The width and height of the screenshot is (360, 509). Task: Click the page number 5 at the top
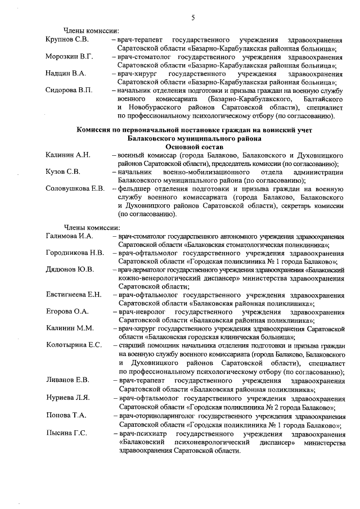192,18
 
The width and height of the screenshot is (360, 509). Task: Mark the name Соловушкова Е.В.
75,188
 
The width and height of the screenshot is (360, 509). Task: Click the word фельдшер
135,188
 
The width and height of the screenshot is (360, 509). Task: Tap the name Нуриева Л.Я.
67,398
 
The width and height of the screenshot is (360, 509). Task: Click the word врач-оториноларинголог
160,415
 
